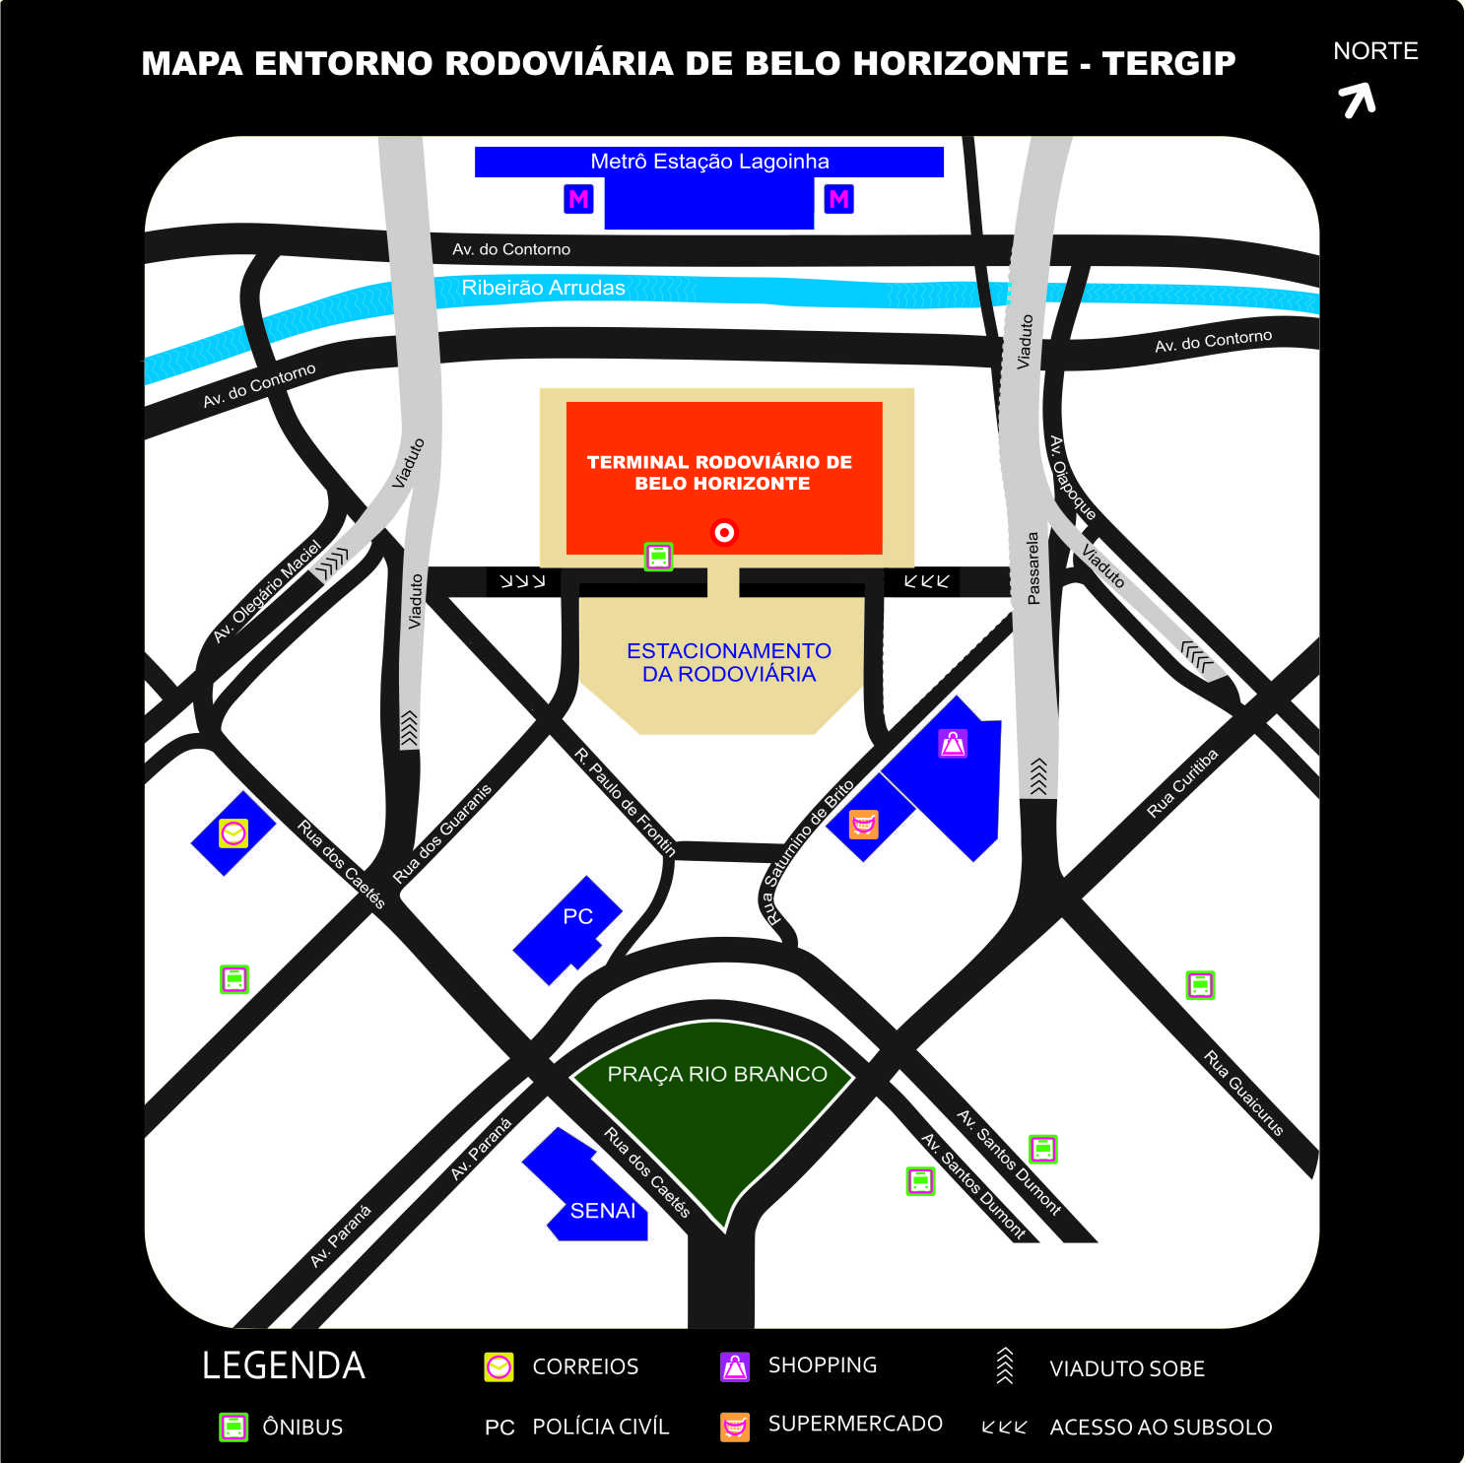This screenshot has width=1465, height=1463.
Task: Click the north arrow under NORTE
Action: [1358, 100]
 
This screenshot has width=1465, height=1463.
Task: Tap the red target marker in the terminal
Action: [724, 533]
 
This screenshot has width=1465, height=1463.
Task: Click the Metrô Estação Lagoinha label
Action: [709, 162]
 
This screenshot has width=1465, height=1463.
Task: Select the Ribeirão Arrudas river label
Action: [543, 288]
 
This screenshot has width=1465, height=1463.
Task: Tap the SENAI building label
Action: [602, 1210]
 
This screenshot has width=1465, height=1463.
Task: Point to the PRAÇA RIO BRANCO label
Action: [716, 1074]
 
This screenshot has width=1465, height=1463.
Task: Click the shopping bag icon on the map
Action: [953, 744]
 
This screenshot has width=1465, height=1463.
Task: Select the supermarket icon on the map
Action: [863, 824]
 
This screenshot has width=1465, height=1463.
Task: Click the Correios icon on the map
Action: [233, 833]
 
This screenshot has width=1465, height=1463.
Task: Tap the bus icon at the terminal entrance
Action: [658, 557]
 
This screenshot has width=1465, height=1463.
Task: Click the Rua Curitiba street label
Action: [1182, 783]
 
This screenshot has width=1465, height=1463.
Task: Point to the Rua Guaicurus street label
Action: [1243, 1093]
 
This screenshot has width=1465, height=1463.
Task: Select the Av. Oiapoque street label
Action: [1072, 478]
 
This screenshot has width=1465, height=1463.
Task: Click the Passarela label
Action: [1032, 568]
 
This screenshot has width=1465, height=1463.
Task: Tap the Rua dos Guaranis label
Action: [441, 833]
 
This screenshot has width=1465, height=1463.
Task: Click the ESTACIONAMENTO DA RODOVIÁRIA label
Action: [729, 662]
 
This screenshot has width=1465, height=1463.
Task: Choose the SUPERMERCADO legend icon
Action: [735, 1427]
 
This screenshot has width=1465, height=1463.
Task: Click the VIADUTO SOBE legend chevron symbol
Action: [1004, 1366]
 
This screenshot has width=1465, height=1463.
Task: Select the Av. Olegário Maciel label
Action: [268, 591]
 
